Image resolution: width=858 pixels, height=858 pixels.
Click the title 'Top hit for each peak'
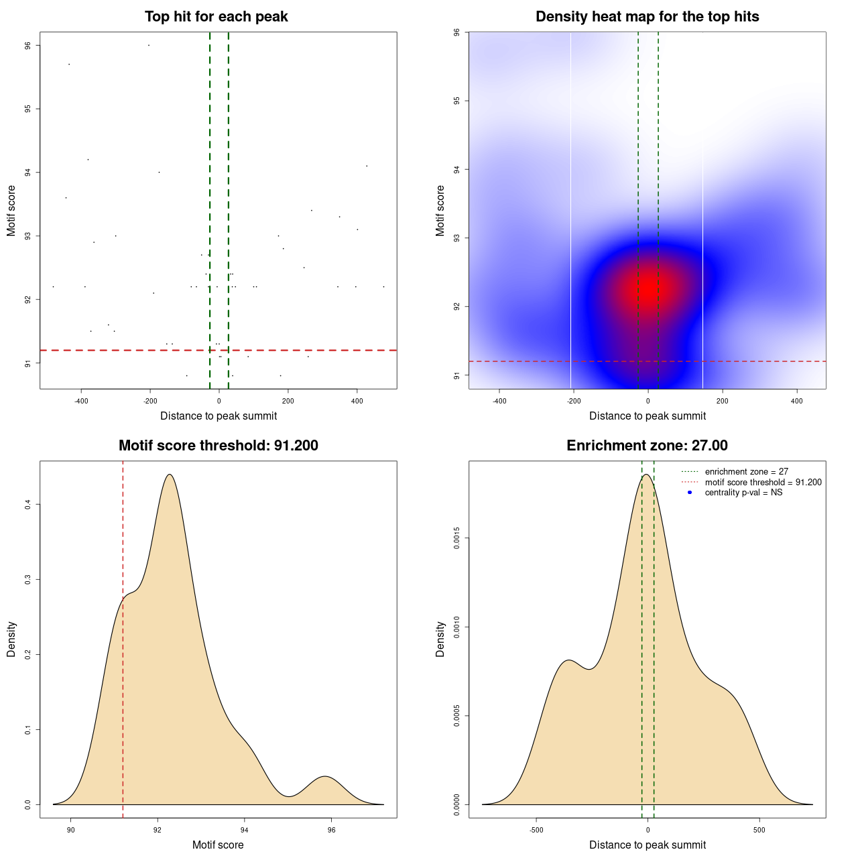216,17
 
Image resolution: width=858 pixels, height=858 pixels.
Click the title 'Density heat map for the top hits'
647,17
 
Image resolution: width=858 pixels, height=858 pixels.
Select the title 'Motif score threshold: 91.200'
218,446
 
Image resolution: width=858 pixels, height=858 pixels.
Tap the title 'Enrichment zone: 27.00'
647,446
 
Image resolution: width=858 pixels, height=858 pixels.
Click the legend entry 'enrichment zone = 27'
746,472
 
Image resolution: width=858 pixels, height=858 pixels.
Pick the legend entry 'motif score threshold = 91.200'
763,482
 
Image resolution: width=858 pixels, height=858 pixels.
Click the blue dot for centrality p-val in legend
690,493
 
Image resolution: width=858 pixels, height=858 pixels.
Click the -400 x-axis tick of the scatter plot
82,401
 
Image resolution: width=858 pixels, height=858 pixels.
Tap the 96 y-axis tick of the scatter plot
28,46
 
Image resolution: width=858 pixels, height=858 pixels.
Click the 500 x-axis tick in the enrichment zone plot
759,830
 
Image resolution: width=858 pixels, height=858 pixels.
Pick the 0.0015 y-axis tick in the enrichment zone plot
457,538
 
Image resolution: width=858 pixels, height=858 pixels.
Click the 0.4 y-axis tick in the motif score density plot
28,504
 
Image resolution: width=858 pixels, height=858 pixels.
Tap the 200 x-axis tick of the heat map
722,401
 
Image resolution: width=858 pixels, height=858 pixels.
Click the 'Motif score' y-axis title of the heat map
440,210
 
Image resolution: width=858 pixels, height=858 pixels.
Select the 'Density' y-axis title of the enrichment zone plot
440,639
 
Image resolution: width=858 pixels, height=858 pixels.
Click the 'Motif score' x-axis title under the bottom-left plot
218,845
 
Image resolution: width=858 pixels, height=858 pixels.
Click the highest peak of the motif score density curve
170,475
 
